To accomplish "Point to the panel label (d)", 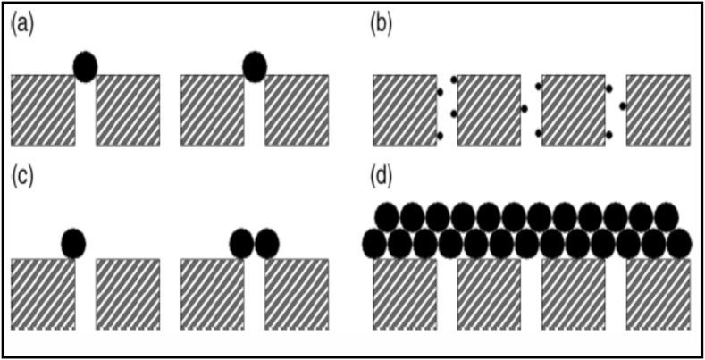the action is pyautogui.click(x=382, y=175).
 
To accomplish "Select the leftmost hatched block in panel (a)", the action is pyautogui.click(x=43, y=110).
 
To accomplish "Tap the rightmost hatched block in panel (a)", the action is pyautogui.click(x=297, y=110).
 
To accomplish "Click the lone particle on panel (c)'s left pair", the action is pyautogui.click(x=73, y=243).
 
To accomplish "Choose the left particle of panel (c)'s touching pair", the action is pyautogui.click(x=241, y=243).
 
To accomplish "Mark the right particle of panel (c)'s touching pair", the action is pyautogui.click(x=267, y=243).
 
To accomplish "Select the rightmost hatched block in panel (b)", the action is pyautogui.click(x=659, y=110).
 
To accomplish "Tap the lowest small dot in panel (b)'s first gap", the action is pyautogui.click(x=440, y=136).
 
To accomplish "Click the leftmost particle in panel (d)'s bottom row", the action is pyautogui.click(x=374, y=243).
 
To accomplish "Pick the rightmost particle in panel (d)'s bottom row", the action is pyautogui.click(x=680, y=243).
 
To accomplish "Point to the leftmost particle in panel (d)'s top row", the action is pyautogui.click(x=387, y=217).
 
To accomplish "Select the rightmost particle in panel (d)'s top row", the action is pyautogui.click(x=667, y=217).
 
